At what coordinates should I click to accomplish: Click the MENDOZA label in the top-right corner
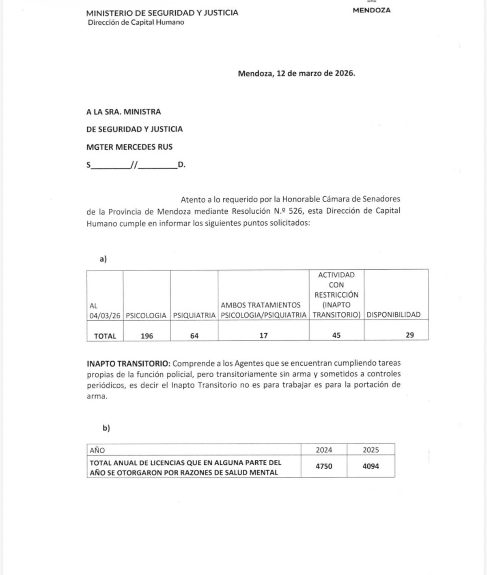point(371,11)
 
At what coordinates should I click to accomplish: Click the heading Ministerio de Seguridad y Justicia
point(162,13)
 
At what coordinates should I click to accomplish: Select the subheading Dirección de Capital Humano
point(136,22)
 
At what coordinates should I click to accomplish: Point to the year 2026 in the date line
point(344,73)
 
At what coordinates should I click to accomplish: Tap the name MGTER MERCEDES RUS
point(129,147)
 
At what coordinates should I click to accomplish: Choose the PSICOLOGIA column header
point(146,315)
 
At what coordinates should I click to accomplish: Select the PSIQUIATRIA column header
point(194,315)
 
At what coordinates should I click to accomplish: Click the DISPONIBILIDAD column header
point(394,315)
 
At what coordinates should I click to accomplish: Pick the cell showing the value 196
point(147,336)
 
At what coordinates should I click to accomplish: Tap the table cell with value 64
point(194,336)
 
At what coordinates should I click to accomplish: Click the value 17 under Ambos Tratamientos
point(263,336)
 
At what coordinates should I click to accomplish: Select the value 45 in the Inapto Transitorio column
point(336,335)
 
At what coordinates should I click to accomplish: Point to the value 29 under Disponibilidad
point(410,335)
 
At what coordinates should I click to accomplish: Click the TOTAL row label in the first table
point(105,336)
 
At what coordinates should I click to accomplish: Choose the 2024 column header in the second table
point(324,450)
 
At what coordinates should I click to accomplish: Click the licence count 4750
point(324,466)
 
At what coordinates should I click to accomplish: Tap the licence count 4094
point(371,466)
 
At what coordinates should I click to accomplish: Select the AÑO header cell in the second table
point(97,450)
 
